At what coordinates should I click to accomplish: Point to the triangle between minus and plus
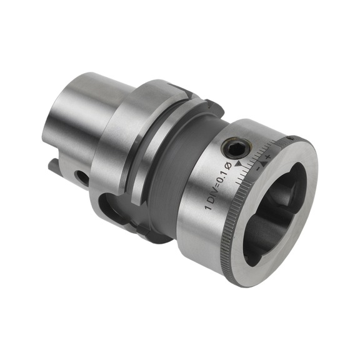click(x=262, y=161)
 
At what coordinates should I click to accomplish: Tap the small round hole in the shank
click(x=81, y=177)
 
